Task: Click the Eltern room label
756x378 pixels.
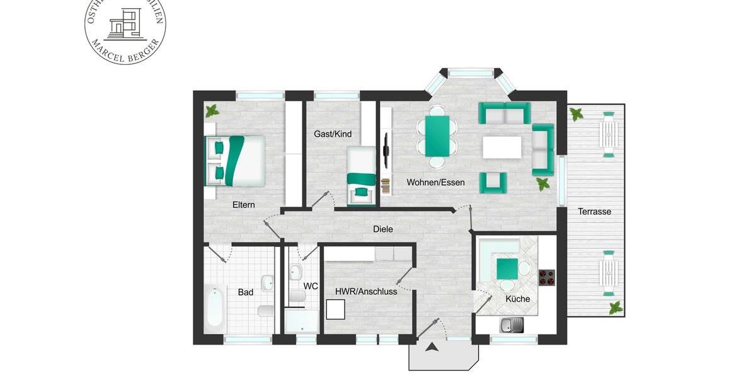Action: pos(243,204)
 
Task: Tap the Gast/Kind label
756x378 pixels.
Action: pos(333,134)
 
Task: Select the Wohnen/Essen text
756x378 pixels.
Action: pos(435,183)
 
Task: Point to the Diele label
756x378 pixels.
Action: pos(383,229)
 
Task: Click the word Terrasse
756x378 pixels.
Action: pos(595,212)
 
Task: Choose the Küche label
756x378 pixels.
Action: pos(518,299)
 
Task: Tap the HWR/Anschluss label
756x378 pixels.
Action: pos(366,291)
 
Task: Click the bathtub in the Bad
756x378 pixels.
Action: pos(215,307)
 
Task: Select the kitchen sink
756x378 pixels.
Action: pos(512,325)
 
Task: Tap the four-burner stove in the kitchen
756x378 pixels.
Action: pos(547,277)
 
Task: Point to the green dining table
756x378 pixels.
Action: pos(437,135)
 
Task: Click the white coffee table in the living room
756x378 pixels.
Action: pos(502,147)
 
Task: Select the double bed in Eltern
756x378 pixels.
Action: pos(235,161)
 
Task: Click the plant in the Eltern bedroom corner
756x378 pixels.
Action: pos(212,112)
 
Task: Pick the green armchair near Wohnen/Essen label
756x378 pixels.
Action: pos(493,183)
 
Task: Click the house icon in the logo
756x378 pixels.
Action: pos(125,25)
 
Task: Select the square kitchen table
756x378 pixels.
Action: pos(508,269)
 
